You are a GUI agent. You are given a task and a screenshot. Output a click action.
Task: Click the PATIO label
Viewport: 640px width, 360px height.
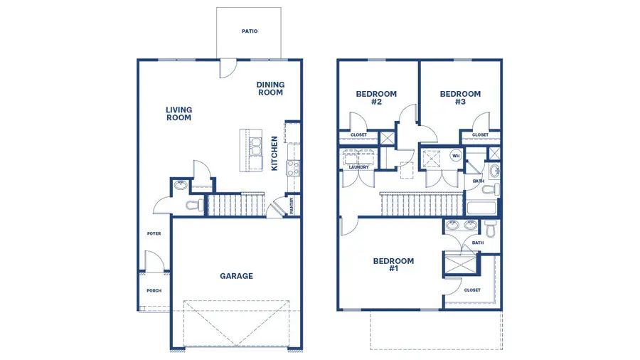coord(249,31)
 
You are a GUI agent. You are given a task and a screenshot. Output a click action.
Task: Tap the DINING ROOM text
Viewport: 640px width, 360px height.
coord(270,89)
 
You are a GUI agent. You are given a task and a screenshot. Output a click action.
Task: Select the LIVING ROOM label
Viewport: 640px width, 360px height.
coord(178,114)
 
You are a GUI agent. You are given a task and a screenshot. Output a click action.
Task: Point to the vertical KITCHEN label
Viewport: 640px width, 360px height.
coord(274,153)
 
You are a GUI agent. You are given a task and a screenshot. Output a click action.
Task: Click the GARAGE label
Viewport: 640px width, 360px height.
coord(236,276)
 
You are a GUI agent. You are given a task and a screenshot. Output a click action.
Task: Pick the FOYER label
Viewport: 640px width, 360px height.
coord(154,233)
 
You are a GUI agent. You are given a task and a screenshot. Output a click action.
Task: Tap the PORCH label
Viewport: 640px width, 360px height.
coord(154,290)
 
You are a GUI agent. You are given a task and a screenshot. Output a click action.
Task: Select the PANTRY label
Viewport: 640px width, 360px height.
coord(292,206)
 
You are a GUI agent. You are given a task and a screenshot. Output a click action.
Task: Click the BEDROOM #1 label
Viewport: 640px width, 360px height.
coord(393,265)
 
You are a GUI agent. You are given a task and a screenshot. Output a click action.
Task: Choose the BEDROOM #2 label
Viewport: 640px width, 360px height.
coord(376,97)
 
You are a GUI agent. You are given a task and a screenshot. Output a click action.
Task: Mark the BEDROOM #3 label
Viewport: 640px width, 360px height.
coord(460,97)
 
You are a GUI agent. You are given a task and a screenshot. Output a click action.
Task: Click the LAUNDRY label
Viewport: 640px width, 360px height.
coord(358,167)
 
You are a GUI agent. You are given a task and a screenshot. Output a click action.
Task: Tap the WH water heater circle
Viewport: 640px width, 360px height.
coord(456,155)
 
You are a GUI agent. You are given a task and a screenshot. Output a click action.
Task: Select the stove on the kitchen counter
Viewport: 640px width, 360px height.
coord(292,169)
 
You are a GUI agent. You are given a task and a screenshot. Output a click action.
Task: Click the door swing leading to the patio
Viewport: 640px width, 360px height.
coord(228,68)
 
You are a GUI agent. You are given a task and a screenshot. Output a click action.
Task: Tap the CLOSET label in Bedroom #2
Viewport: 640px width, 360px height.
coord(358,134)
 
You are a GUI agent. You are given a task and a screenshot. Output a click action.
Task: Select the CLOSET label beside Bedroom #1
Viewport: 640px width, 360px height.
coord(472,290)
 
